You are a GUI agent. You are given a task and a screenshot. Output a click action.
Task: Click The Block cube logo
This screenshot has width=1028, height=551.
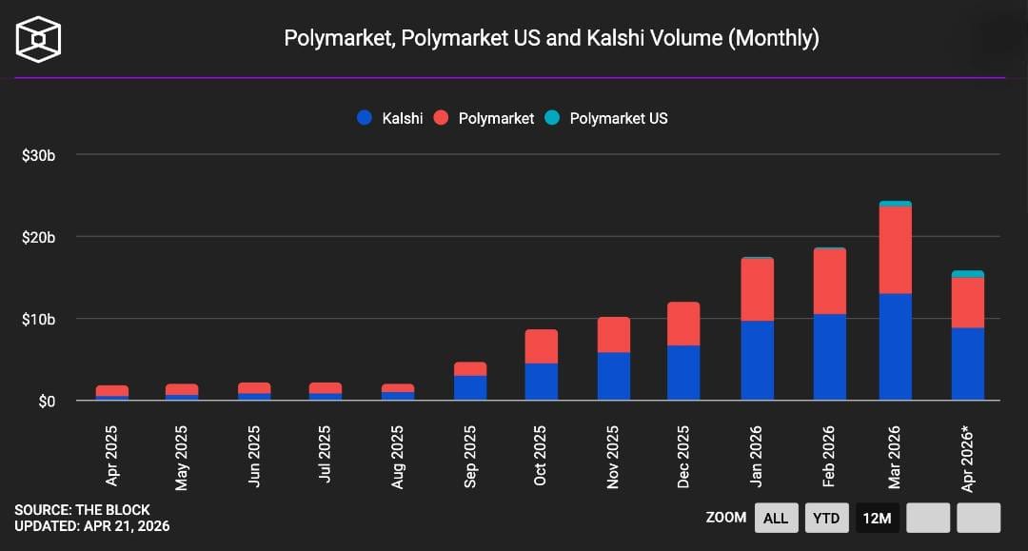coord(38,39)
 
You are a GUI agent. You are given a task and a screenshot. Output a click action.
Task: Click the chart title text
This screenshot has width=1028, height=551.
coord(551,38)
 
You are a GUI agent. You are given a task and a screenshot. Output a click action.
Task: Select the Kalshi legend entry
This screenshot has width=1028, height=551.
coord(390,118)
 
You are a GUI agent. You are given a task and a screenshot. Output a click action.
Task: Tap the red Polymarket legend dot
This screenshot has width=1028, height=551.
coord(441,118)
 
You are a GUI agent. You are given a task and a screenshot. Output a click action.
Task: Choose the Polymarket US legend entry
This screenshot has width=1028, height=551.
coord(606,118)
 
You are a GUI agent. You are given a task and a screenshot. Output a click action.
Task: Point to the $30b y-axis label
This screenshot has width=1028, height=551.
coord(39,155)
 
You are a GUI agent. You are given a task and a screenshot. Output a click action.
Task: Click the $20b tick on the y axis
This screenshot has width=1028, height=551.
coord(39,237)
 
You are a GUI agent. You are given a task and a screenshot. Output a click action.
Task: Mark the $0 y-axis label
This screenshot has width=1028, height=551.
coord(46,401)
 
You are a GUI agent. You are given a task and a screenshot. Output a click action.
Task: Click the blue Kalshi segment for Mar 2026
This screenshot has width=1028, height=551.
coord(896,347)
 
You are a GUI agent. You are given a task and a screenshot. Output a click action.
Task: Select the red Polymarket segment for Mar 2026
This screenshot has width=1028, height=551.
coord(896,250)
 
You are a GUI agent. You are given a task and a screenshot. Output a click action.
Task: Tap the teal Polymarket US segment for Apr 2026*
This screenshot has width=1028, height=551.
coord(967,274)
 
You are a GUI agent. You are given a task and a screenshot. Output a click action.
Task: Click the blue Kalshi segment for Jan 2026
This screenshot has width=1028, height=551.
coord(757,361)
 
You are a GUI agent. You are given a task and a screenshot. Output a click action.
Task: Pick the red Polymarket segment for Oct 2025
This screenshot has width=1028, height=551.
coord(542,346)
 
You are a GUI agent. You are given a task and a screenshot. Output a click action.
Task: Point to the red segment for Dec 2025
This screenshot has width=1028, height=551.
coord(683,324)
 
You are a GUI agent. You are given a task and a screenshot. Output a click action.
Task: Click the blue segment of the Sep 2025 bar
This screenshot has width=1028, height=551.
coord(470,388)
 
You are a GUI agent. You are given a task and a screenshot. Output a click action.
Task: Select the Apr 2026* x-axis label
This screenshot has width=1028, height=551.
coord(969,459)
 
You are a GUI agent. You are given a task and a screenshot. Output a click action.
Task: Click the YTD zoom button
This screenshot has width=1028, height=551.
coord(826,518)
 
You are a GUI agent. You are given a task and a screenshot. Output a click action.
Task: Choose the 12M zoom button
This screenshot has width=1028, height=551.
coord(877,518)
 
